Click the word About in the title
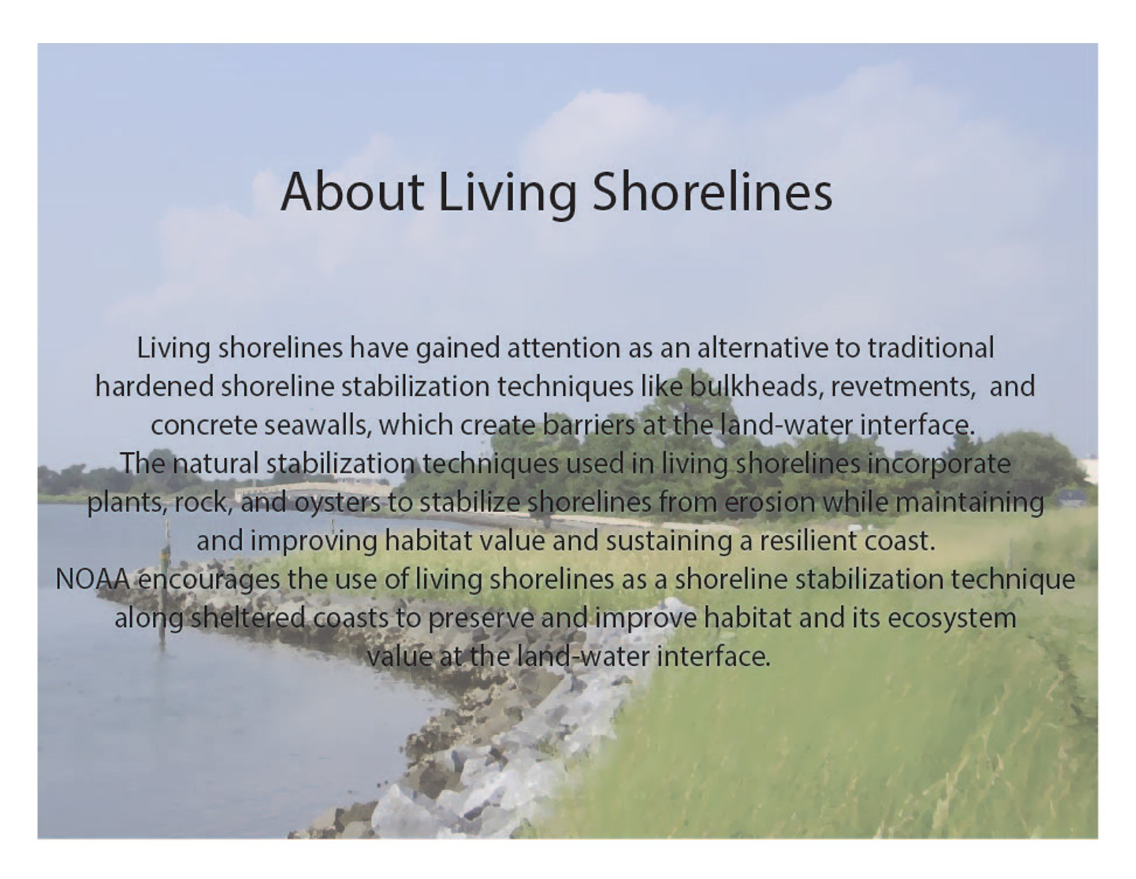click(x=352, y=191)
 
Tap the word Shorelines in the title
click(x=712, y=191)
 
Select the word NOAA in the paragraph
click(x=93, y=579)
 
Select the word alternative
click(x=763, y=348)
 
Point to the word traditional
click(x=931, y=348)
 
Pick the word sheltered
click(x=248, y=618)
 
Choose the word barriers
click(x=589, y=425)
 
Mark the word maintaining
click(x=970, y=502)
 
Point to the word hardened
click(x=155, y=387)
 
